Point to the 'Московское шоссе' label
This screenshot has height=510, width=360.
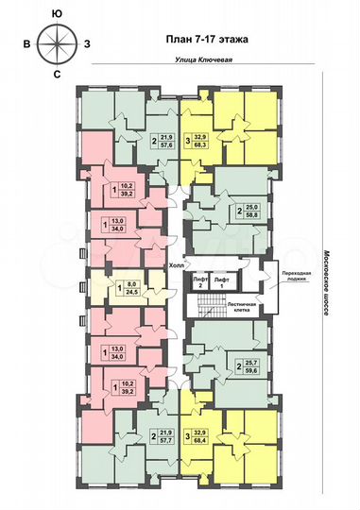tap(327, 283)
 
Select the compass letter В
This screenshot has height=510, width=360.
tap(27, 43)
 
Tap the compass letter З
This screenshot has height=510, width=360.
tap(88, 43)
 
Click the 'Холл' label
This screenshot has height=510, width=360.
tap(175, 266)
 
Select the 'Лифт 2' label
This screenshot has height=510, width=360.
tap(199, 281)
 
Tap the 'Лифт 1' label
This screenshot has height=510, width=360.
tap(221, 281)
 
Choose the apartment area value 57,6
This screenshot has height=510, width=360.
tap(165, 147)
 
